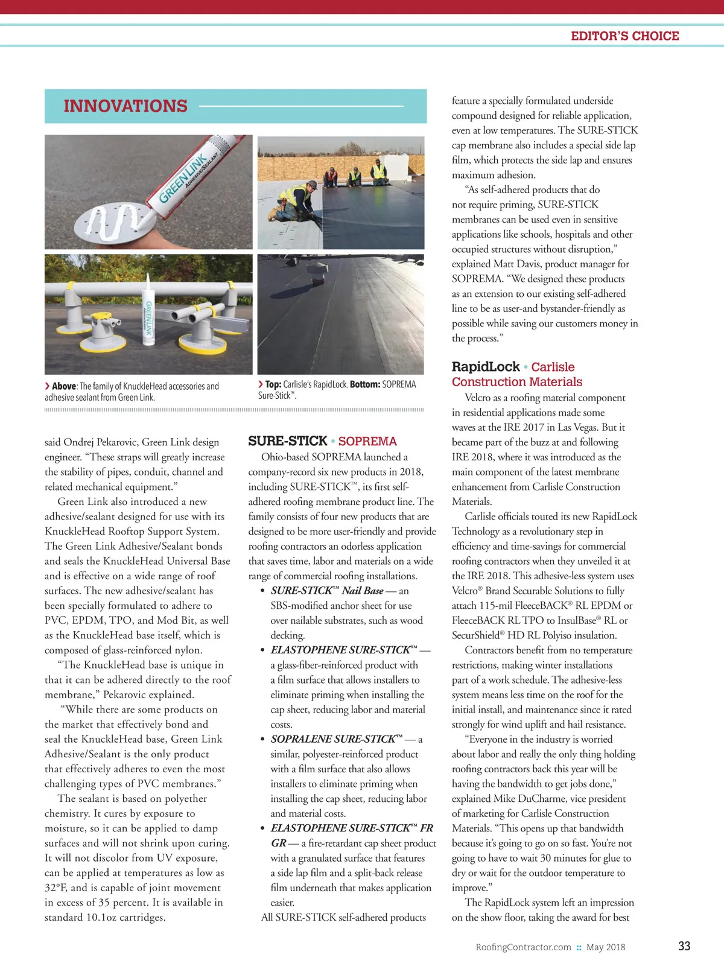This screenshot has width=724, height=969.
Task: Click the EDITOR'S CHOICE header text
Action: (624, 36)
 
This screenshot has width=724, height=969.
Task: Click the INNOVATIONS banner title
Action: (125, 106)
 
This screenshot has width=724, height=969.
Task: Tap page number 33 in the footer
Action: (684, 946)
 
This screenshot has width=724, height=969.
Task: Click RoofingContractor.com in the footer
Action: (523, 947)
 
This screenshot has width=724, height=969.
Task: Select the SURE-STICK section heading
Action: (287, 441)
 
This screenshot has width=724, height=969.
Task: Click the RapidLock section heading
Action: (486, 367)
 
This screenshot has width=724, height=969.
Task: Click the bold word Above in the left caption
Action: (64, 386)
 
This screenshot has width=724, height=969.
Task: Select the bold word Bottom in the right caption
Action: (364, 384)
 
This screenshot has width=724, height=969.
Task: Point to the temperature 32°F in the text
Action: (57, 888)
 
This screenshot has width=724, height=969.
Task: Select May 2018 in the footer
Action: (606, 947)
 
